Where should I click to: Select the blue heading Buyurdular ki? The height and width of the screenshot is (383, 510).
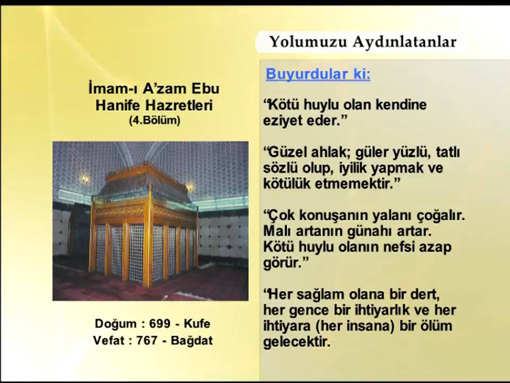click(318, 74)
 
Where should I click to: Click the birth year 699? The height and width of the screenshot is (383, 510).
click(160, 323)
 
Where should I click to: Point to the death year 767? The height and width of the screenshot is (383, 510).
click(147, 340)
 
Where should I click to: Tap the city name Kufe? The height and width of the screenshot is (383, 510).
click(197, 323)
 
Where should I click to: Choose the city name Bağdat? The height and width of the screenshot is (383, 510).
click(192, 340)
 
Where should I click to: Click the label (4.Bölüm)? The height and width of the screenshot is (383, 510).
click(155, 121)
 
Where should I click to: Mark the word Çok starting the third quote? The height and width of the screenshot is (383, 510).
click(277, 217)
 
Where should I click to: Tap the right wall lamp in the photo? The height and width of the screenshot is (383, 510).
click(190, 186)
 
